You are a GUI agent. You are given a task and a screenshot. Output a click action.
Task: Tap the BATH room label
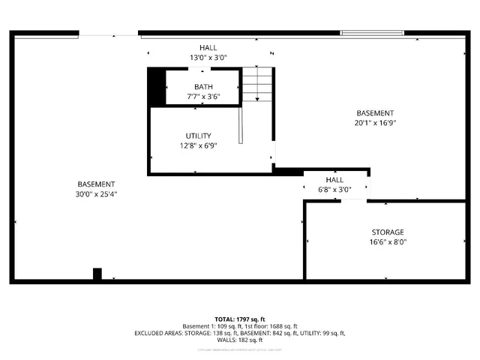(203, 87)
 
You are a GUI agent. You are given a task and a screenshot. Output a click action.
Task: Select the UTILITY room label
(198, 136)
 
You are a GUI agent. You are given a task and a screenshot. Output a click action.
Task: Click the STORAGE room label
(388, 232)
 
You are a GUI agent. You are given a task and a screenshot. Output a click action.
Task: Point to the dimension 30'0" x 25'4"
(96, 194)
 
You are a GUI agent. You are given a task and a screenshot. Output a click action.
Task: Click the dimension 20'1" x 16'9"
(375, 123)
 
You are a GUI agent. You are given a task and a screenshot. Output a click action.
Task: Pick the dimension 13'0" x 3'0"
(208, 57)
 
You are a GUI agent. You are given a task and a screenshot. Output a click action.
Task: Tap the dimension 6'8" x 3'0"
(334, 190)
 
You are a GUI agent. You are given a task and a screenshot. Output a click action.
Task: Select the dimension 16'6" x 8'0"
(388, 242)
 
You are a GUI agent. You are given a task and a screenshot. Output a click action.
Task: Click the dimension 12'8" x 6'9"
(198, 145)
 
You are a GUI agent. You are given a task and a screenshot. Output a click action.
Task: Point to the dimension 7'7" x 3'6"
(203, 97)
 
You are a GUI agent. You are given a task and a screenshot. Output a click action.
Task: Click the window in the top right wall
(372, 33)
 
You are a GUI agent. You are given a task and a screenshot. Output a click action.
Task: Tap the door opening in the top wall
(109, 34)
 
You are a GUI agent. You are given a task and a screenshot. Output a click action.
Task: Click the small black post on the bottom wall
(97, 274)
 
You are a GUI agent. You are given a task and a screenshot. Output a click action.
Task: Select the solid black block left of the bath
(156, 87)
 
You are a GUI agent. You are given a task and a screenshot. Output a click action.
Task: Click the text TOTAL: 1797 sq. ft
(239, 319)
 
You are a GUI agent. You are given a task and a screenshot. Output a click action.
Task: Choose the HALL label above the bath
(208, 47)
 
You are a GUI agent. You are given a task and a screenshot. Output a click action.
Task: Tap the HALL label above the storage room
(334, 180)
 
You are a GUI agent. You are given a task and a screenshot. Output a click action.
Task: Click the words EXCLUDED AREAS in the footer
(159, 333)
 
